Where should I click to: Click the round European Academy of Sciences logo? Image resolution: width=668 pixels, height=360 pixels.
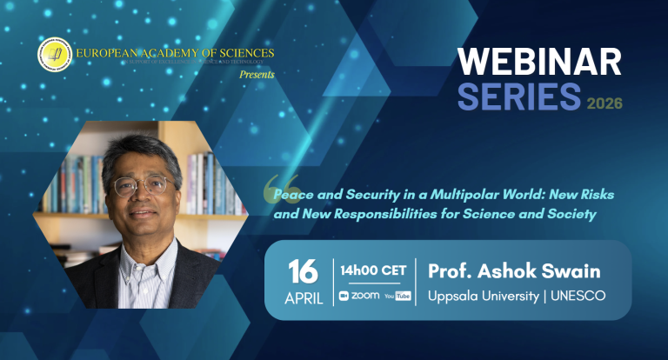54,55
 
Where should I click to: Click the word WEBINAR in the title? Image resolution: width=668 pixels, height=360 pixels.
539,63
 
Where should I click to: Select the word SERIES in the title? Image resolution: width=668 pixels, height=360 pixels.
507,97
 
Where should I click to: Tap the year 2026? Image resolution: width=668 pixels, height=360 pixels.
604,103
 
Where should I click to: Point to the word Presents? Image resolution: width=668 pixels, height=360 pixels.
257,75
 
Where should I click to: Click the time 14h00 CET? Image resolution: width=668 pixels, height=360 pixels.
373,270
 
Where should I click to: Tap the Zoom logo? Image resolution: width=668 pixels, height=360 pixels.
358,296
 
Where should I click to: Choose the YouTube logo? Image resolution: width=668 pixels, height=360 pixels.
397,296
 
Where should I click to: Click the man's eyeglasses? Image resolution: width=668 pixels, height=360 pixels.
144,185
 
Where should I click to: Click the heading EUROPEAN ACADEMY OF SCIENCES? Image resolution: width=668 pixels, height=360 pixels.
175,54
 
